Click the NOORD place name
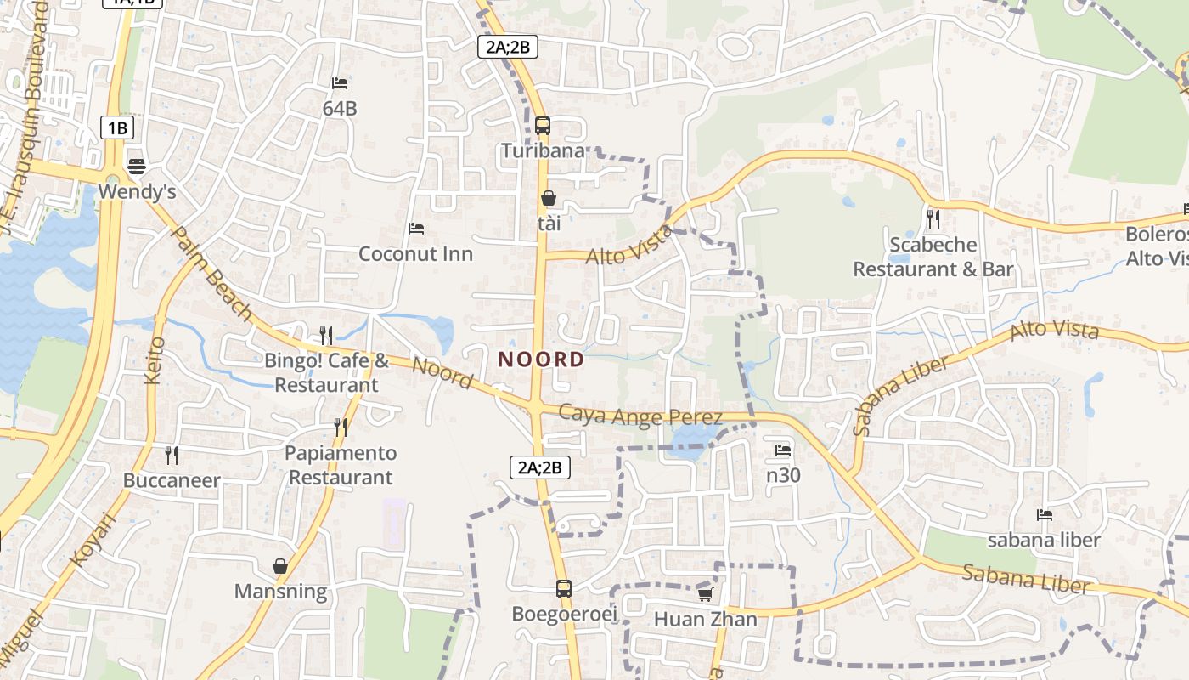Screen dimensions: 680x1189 point(541,360)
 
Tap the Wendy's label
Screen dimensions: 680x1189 point(137,192)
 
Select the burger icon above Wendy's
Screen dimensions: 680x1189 point(137,165)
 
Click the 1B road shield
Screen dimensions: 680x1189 point(117,128)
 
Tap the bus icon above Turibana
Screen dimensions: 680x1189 point(543,126)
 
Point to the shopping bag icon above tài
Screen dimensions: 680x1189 point(549,198)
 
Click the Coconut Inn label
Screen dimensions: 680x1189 point(415,253)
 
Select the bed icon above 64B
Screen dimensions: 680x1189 point(340,83)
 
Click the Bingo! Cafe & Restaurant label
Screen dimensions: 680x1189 point(326,372)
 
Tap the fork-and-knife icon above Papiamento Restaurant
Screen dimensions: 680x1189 point(341,427)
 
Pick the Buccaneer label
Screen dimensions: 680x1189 point(172,480)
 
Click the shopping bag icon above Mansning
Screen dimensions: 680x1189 point(280,565)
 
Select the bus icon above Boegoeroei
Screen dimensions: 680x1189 point(564,588)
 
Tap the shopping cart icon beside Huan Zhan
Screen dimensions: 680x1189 point(705,594)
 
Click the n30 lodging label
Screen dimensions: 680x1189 point(783,475)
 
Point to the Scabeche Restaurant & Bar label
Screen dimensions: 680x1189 point(933,257)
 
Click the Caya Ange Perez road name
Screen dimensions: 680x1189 point(641,416)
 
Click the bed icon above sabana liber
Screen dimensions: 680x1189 point(1045,514)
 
